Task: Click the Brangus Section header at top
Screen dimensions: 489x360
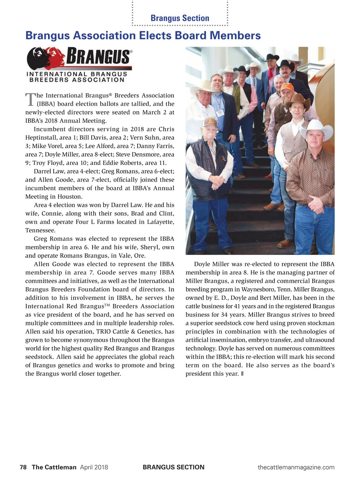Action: [180, 18]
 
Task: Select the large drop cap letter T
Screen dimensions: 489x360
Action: [30, 100]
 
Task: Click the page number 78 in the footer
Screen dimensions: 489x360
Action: [23, 467]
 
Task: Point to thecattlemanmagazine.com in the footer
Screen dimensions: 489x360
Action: [296, 467]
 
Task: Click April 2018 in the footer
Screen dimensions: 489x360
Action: [94, 467]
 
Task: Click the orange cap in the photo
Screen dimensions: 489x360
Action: [287, 87]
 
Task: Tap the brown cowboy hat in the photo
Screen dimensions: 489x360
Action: [297, 100]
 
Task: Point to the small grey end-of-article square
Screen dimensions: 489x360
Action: [242, 374]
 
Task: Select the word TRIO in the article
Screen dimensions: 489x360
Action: [104, 332]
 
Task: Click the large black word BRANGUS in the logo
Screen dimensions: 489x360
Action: [98, 56]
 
